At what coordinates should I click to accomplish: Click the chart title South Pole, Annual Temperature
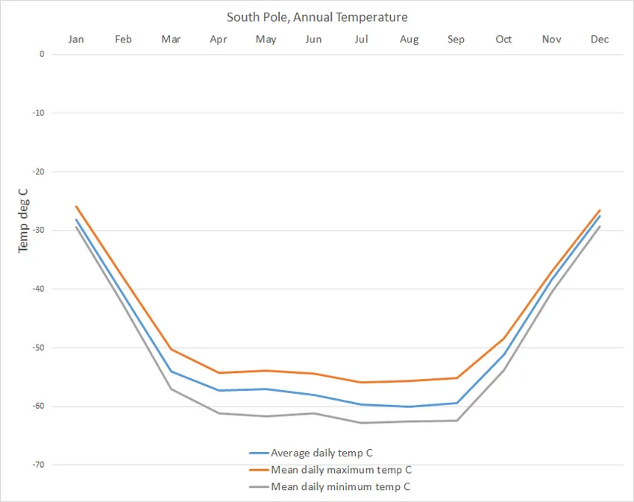point(317,17)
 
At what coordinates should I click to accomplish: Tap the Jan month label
point(76,40)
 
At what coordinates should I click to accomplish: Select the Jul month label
point(361,40)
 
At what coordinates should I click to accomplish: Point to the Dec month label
point(600,40)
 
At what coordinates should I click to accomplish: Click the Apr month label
point(219,40)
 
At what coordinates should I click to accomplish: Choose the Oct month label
point(503,40)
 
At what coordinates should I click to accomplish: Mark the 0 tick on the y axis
point(42,54)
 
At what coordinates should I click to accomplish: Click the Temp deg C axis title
point(23,220)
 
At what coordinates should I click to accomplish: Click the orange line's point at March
point(172,349)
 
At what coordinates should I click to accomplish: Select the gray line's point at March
point(172,389)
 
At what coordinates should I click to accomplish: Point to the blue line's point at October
point(504,354)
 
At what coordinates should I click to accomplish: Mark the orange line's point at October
point(504,339)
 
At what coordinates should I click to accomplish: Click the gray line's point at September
point(456,421)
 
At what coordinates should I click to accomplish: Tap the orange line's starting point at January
point(76,207)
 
